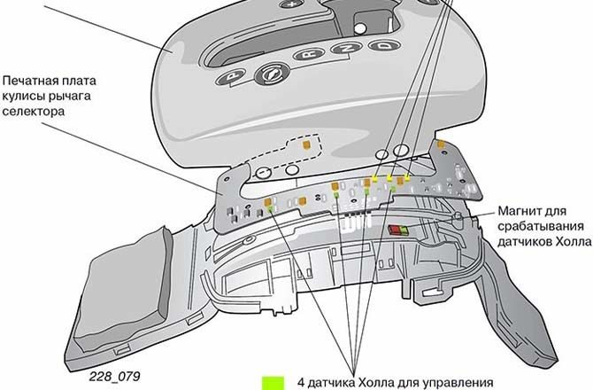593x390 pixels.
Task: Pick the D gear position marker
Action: click(x=385, y=46)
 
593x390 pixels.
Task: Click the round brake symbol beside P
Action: click(x=271, y=73)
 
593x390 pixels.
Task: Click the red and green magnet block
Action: click(x=398, y=230)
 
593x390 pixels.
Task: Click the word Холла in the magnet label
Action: click(x=572, y=242)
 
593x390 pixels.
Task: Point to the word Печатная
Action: click(x=28, y=81)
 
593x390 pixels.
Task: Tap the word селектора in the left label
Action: click(x=34, y=112)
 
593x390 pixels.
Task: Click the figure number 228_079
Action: click(x=114, y=376)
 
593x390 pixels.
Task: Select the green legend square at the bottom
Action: click(x=273, y=383)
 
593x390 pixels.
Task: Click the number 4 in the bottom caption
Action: click(x=301, y=382)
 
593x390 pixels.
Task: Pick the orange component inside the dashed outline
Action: click(x=306, y=144)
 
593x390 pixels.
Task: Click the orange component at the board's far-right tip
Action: click(x=441, y=144)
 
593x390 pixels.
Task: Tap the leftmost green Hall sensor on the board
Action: click(x=271, y=208)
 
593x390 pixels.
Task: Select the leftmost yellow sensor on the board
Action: click(x=375, y=179)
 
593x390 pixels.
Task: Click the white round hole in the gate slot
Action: click(x=361, y=28)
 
